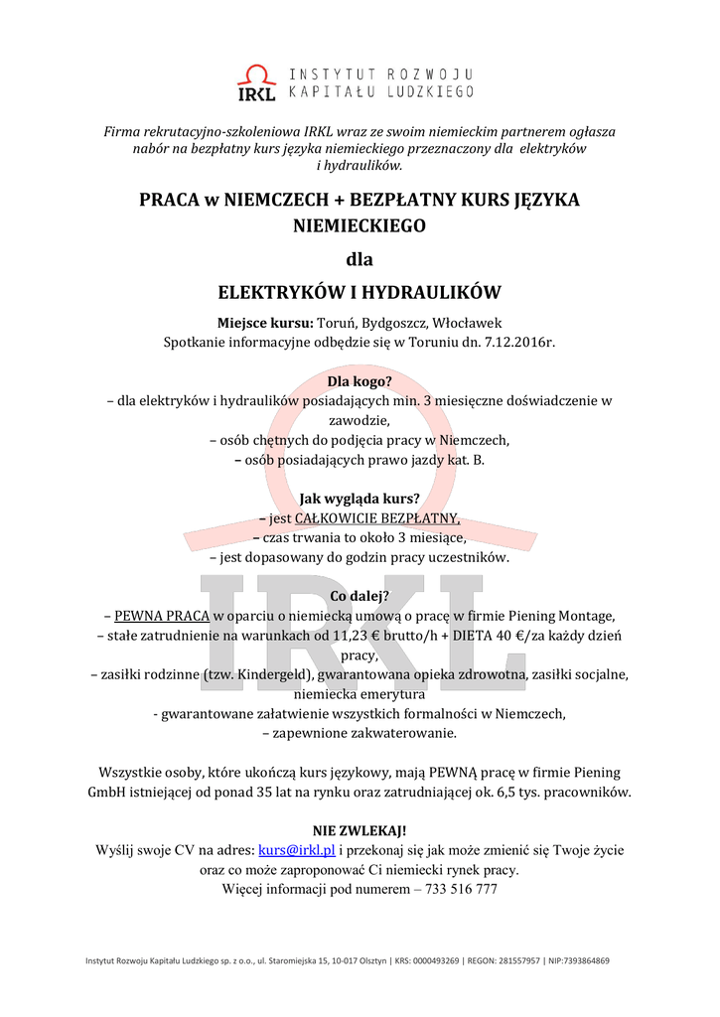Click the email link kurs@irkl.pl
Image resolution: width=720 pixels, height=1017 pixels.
point(297,850)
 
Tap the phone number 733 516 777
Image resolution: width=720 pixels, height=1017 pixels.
point(462,889)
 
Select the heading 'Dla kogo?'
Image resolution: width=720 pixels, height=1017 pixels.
point(360,381)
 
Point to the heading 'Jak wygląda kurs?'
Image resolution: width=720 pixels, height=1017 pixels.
point(360,499)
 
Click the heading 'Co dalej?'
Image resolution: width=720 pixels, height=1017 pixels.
point(360,596)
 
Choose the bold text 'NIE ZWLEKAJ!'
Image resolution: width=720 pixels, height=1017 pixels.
point(360,830)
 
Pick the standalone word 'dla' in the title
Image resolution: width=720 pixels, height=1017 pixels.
point(360,260)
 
